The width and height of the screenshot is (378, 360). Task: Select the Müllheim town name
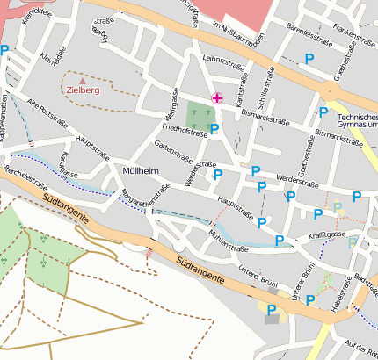tap(140, 169)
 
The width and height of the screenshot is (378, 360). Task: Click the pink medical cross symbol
tap(216, 97)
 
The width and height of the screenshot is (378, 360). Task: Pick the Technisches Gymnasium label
tap(357, 120)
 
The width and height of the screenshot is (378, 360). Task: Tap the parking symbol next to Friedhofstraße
tap(214, 129)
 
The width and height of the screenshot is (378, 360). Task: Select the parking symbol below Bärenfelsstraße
tap(308, 58)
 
